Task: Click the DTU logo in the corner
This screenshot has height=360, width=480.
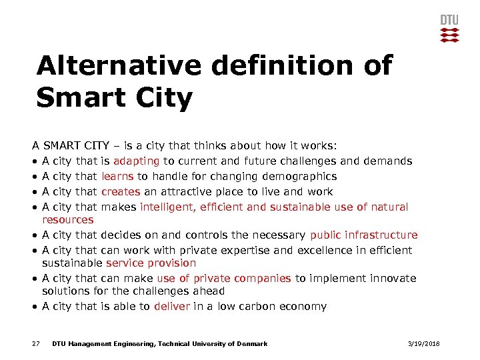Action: (450, 27)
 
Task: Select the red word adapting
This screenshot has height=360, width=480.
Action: (136, 161)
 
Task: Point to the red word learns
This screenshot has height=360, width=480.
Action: (117, 176)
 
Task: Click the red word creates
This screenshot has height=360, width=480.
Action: (121, 191)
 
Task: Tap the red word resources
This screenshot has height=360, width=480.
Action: (67, 219)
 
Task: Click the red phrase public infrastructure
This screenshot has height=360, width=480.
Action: (363, 235)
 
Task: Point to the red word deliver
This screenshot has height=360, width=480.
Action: (172, 307)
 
